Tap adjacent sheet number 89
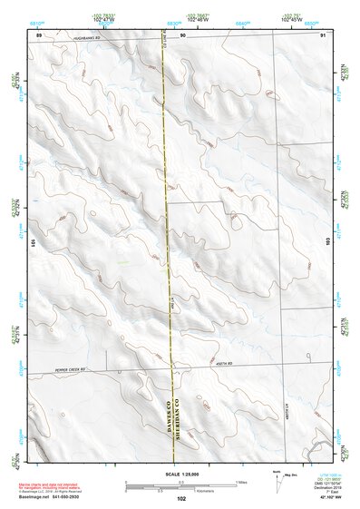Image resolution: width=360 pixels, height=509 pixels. [x=39, y=34]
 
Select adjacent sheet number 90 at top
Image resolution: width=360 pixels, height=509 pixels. [x=182, y=34]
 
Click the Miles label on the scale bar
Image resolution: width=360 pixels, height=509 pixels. [x=239, y=481]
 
